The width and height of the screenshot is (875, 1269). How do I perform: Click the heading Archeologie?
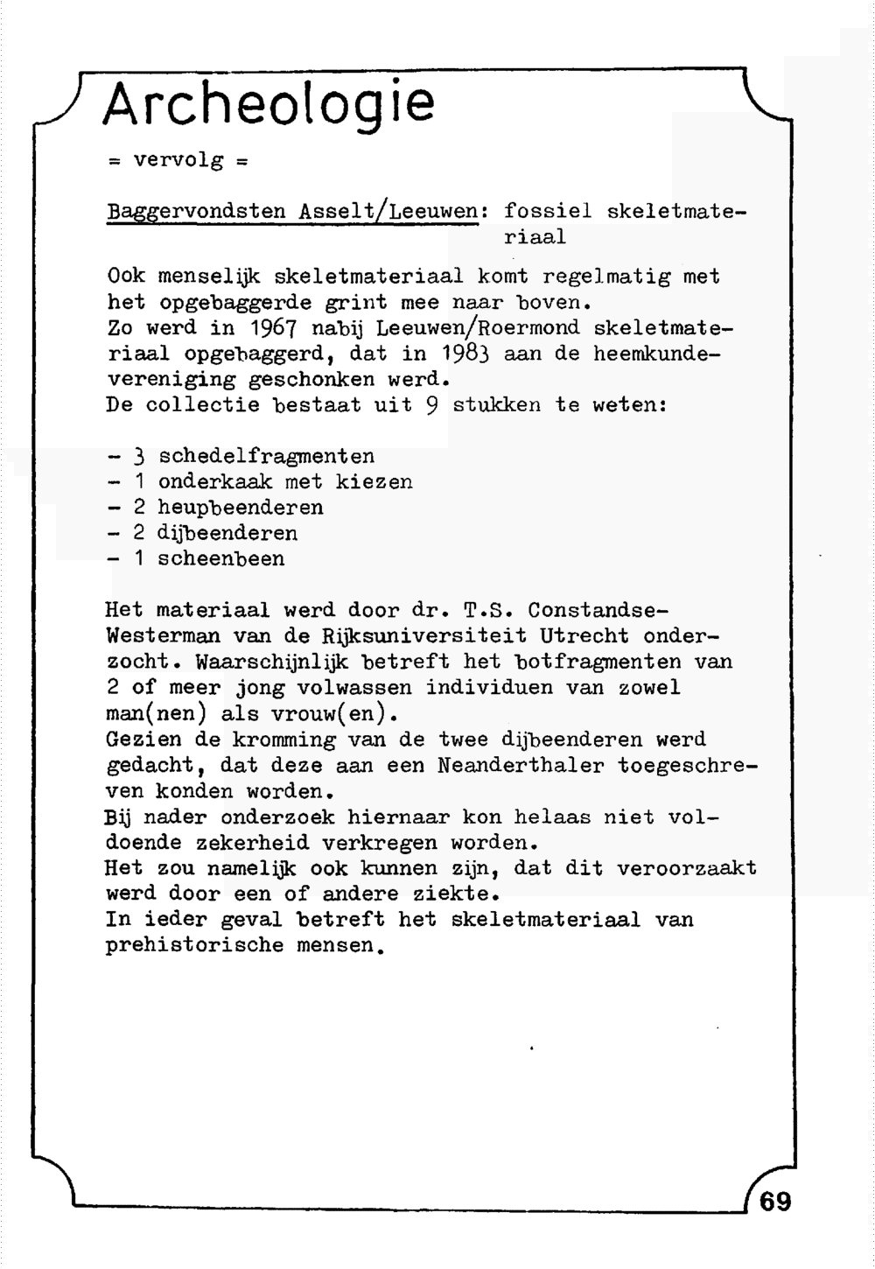tap(268, 104)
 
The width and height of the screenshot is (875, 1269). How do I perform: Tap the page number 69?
tap(775, 1202)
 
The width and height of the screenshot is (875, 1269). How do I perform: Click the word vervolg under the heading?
tap(178, 161)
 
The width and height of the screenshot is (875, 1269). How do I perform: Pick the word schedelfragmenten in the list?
tap(266, 456)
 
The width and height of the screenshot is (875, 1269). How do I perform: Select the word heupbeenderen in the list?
tap(241, 508)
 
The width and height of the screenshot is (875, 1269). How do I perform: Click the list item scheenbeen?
tap(221, 559)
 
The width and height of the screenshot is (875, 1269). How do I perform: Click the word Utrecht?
tap(584, 635)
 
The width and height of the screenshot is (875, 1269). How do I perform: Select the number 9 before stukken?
tap(431, 406)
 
